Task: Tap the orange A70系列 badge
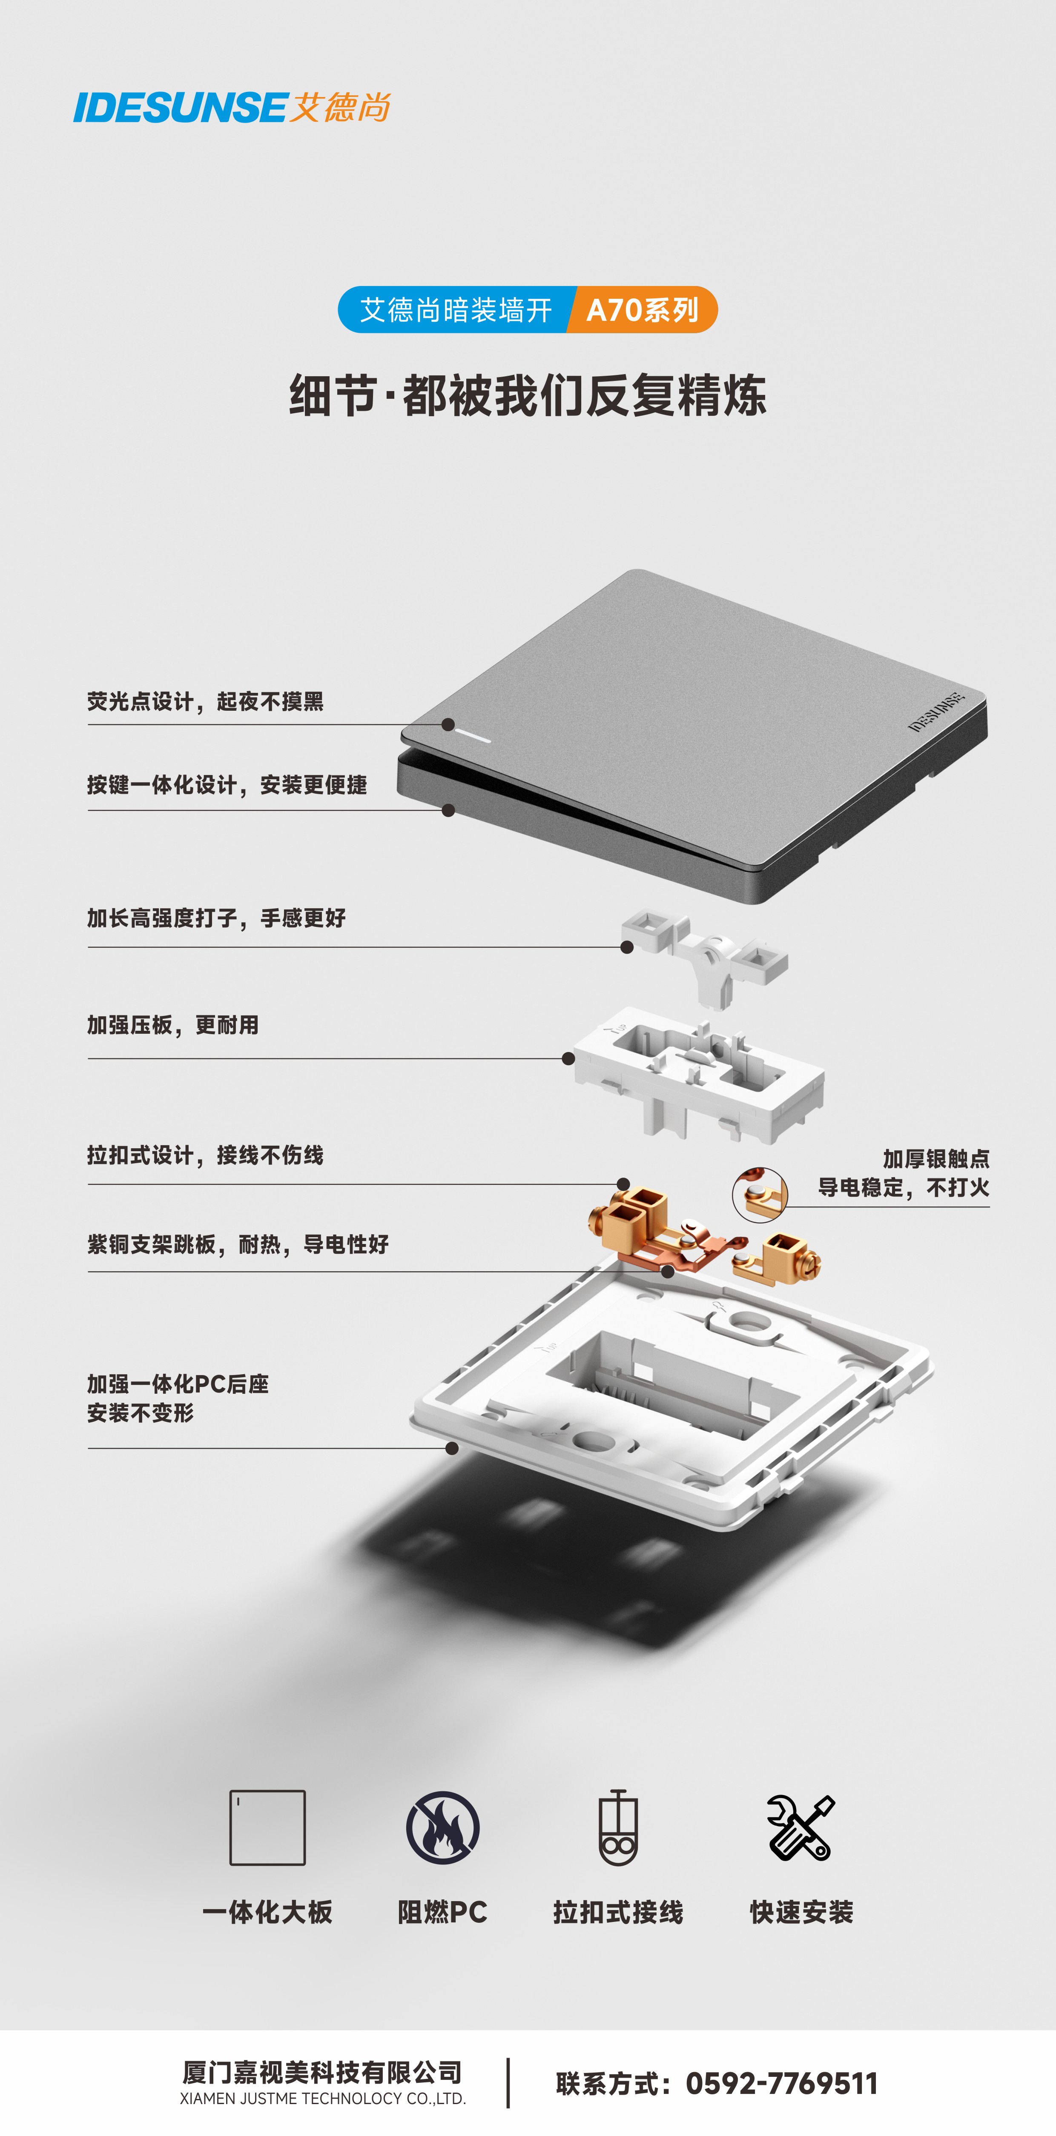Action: pyautogui.click(x=642, y=310)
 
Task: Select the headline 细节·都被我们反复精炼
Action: pyautogui.click(x=528, y=395)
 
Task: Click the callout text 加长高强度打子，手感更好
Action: pyautogui.click(x=216, y=918)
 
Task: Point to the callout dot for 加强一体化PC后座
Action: pyautogui.click(x=452, y=1449)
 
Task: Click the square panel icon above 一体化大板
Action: pyautogui.click(x=267, y=1827)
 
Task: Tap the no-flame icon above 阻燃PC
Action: pyautogui.click(x=442, y=1827)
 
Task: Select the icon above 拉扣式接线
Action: pyautogui.click(x=618, y=1827)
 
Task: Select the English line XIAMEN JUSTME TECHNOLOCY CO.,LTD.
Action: pyautogui.click(x=323, y=2099)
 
